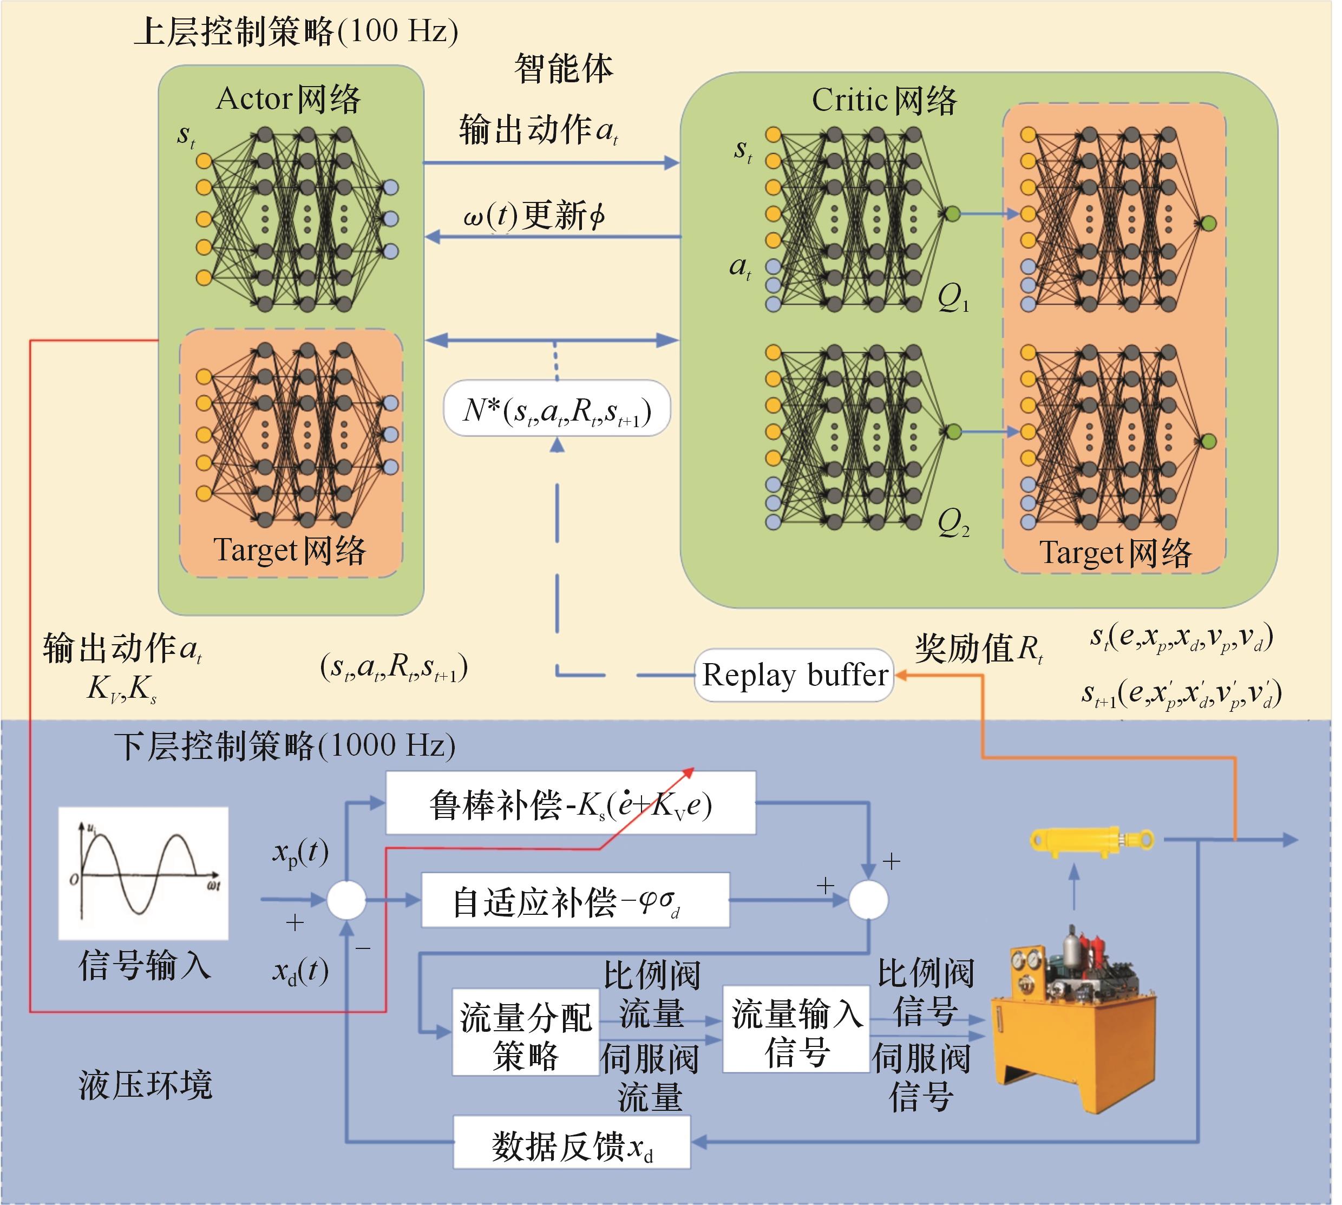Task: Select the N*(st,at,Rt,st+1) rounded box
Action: click(557, 409)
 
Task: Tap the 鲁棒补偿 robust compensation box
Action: click(570, 803)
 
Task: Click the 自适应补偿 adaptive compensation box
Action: click(575, 900)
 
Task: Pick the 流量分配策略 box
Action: click(526, 1032)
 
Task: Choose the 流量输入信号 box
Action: click(796, 1030)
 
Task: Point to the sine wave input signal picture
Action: click(143, 873)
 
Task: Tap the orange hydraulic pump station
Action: click(1072, 1020)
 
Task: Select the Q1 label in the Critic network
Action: click(953, 298)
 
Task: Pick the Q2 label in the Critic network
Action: click(953, 523)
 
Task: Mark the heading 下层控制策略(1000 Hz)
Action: click(285, 746)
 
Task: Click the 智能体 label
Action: click(564, 68)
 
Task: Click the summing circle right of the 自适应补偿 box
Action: click(868, 900)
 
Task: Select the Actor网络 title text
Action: click(289, 99)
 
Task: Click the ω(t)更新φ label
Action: click(534, 215)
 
